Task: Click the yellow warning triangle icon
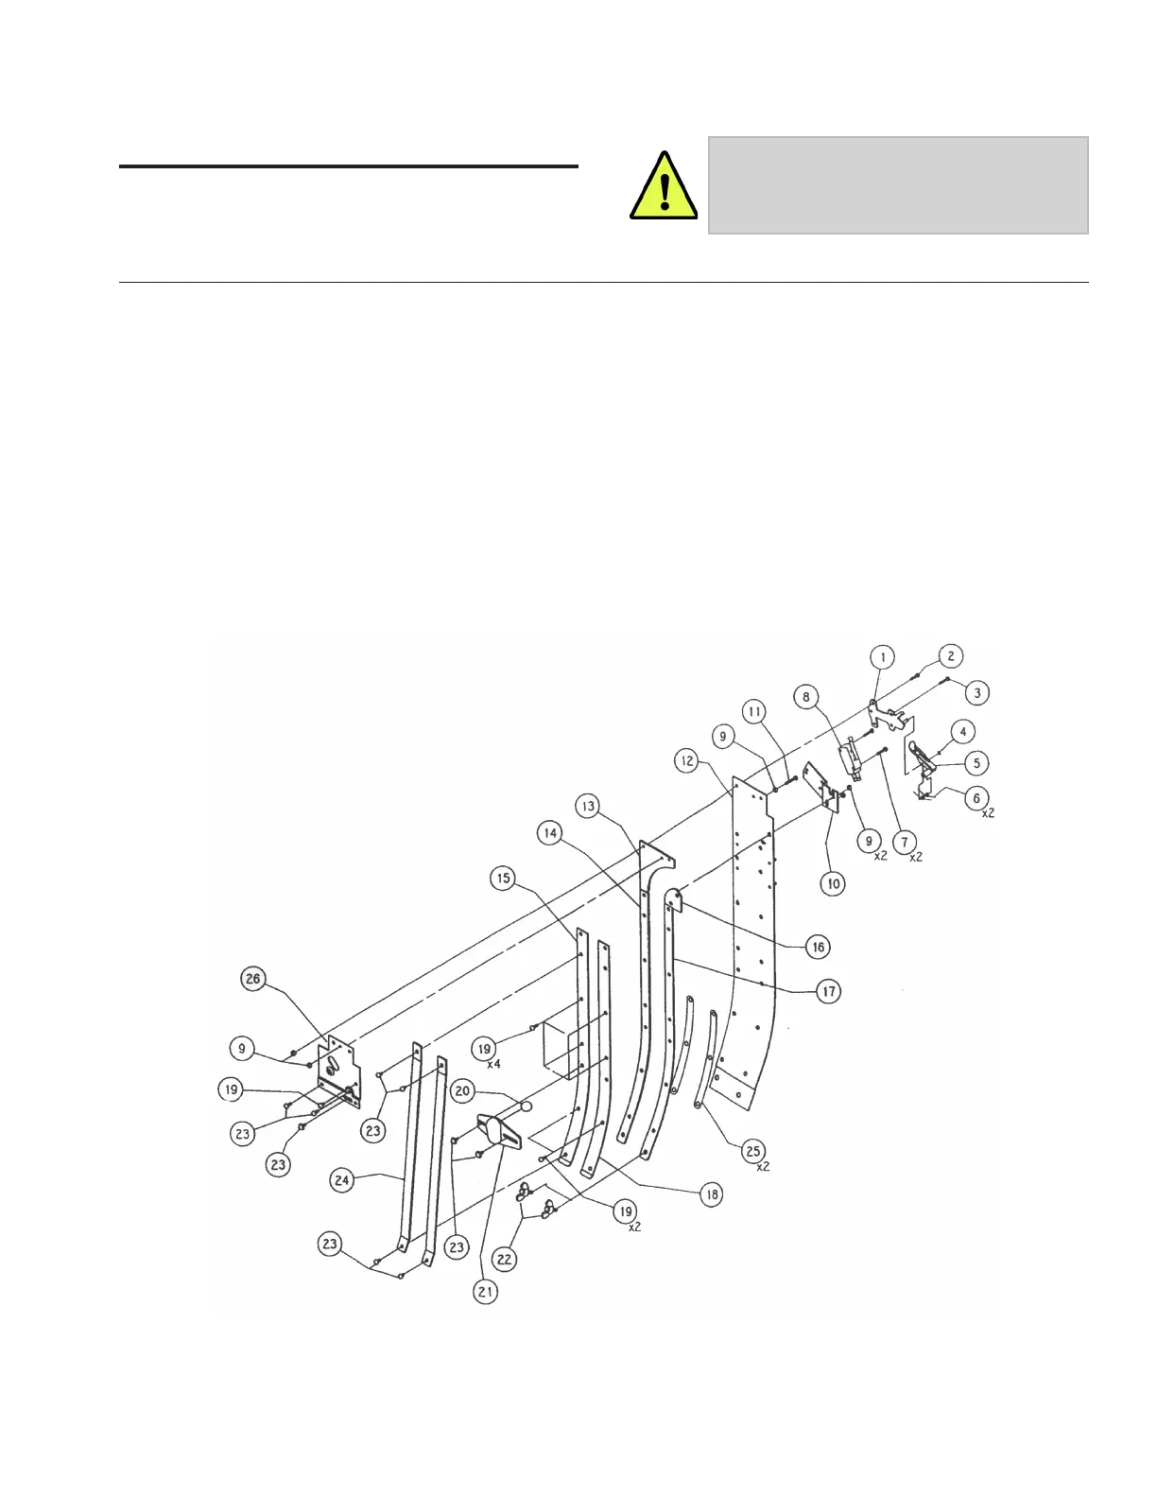pyautogui.click(x=664, y=187)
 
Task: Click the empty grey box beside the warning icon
pyautogui.click(x=898, y=185)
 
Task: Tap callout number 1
pyautogui.click(x=882, y=656)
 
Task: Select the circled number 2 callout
pyautogui.click(x=951, y=656)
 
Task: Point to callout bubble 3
pyautogui.click(x=976, y=692)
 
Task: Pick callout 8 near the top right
pyautogui.click(x=806, y=698)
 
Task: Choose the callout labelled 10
pyautogui.click(x=833, y=883)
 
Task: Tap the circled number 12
pyautogui.click(x=686, y=759)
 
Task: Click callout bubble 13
pyautogui.click(x=589, y=806)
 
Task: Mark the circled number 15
pyautogui.click(x=503, y=879)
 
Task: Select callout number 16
pyautogui.click(x=818, y=946)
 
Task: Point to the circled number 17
pyautogui.click(x=828, y=991)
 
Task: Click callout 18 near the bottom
pyautogui.click(x=711, y=1194)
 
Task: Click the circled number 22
pyautogui.click(x=505, y=1258)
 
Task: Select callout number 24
pyautogui.click(x=343, y=1179)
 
